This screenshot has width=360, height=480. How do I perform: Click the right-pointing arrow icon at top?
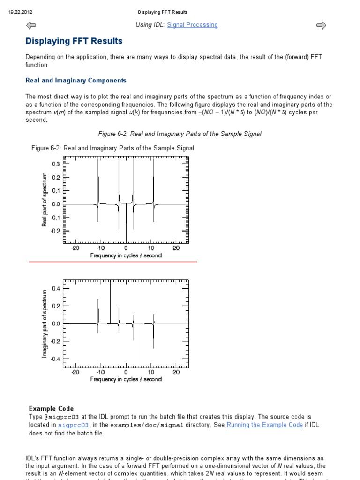(x=321, y=25)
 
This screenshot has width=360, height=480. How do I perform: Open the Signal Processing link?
(x=192, y=25)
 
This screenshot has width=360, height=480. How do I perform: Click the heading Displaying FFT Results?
(x=74, y=41)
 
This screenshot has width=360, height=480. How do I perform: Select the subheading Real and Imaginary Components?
(x=75, y=81)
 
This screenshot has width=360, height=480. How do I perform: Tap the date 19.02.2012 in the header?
(x=20, y=12)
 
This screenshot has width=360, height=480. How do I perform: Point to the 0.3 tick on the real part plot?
(x=56, y=164)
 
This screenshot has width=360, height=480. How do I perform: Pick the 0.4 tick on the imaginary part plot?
(x=56, y=288)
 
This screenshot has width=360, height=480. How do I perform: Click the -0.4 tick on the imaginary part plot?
(x=55, y=359)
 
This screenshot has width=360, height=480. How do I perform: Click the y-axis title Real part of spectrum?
(x=45, y=199)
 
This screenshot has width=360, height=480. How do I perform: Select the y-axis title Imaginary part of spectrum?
(x=45, y=323)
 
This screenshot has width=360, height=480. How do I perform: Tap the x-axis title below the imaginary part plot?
(x=126, y=379)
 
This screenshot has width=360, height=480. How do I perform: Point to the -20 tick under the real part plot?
(x=75, y=248)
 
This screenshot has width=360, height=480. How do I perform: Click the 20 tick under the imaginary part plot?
(x=176, y=372)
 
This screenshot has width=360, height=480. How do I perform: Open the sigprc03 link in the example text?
(x=73, y=425)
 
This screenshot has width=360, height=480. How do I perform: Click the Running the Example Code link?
(x=264, y=425)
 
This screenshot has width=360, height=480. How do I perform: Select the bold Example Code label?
(x=51, y=409)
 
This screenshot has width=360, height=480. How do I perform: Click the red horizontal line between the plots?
(x=112, y=262)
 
